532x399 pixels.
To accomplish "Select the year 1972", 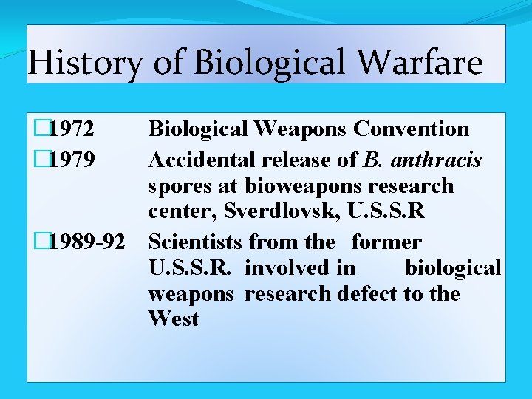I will pyautogui.click(x=72, y=129).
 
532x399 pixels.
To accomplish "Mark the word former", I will pyautogui.click(x=386, y=242).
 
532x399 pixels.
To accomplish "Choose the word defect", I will pyautogui.click(x=367, y=294).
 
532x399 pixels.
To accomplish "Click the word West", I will pyautogui.click(x=174, y=320).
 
